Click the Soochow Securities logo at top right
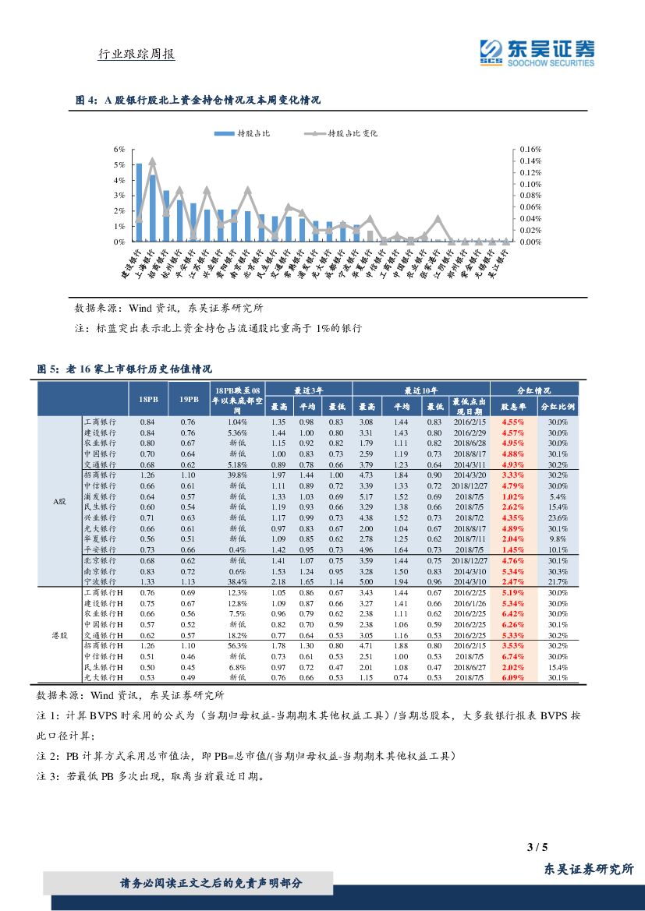pyautogui.click(x=537, y=53)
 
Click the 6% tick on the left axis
pyautogui.click(x=119, y=149)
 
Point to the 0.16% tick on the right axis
pyautogui.click(x=530, y=149)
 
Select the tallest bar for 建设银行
pyautogui.click(x=139, y=203)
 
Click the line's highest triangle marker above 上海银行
pyautogui.click(x=152, y=162)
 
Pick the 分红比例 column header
pyautogui.click(x=557, y=407)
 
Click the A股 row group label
pyautogui.click(x=60, y=502)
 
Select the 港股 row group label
pyautogui.click(x=60, y=636)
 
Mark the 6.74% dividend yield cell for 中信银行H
pyautogui.click(x=512, y=656)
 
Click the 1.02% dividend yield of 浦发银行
pyautogui.click(x=512, y=496)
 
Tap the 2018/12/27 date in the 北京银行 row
pyautogui.click(x=469, y=560)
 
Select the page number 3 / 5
pyautogui.click(x=538, y=847)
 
